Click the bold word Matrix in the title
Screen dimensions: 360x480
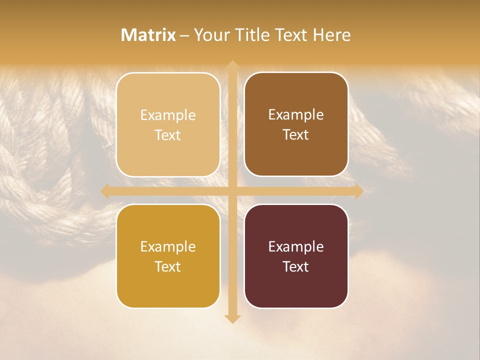148,35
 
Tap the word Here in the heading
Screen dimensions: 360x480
331,35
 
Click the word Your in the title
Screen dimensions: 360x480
209,35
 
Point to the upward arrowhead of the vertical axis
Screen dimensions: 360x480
232,64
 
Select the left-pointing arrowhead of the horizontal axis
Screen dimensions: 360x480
105,191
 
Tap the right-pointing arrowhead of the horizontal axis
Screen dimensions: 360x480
358,191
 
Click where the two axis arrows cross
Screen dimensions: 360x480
232,191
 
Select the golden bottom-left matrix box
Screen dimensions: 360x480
168,290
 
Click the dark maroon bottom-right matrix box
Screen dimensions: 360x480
296,290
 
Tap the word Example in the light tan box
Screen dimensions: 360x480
168,115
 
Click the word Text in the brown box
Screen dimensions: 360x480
296,135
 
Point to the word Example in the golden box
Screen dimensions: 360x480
168,247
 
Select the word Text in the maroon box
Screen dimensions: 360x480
296,266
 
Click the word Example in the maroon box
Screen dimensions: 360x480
296,247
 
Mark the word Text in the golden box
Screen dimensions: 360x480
168,266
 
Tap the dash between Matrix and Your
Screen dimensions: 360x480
184,35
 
